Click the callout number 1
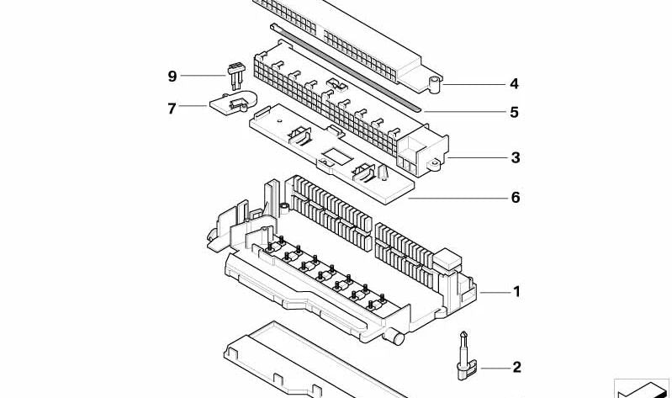coord(516,292)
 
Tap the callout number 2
coord(516,367)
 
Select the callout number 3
coord(516,157)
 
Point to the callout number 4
coord(514,83)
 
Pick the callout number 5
coord(514,112)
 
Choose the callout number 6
coord(516,198)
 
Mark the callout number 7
coord(172,108)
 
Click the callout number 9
coord(172,77)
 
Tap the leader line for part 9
coord(202,77)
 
